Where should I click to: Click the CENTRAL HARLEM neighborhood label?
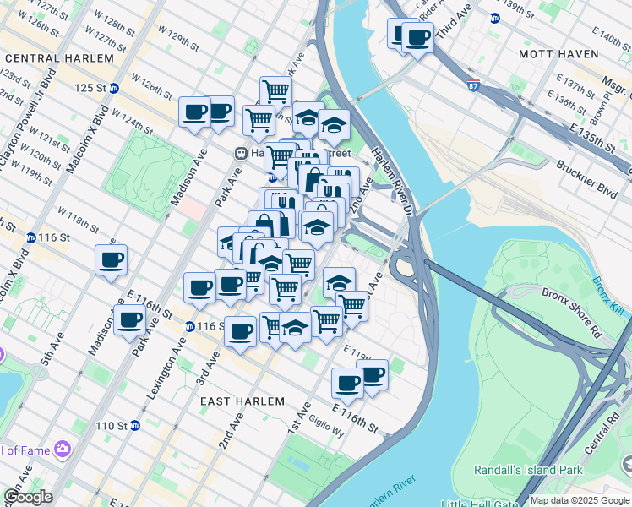(x=59, y=58)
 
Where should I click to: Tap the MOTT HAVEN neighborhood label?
(x=558, y=54)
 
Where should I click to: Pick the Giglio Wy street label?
(x=326, y=428)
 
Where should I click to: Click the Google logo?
(x=28, y=497)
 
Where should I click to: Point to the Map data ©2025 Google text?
(x=580, y=500)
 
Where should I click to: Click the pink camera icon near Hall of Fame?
(x=62, y=448)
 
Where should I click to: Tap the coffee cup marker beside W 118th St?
(x=111, y=260)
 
